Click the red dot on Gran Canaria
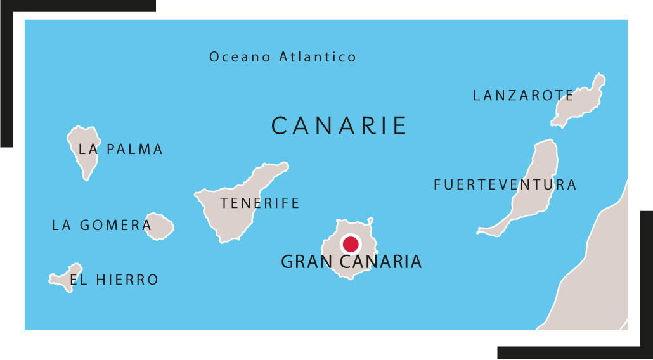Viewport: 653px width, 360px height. [x=350, y=244]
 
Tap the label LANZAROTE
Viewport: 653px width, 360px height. [x=523, y=96]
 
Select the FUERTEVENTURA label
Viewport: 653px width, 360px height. [x=505, y=185]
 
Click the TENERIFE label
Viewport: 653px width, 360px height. [x=259, y=203]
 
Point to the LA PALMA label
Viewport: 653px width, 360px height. [x=120, y=150]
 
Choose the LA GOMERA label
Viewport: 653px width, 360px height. [x=101, y=225]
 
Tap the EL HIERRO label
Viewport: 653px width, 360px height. [x=114, y=280]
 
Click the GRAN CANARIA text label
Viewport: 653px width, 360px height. [x=351, y=262]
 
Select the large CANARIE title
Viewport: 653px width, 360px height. [x=339, y=126]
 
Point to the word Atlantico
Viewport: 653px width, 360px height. [x=318, y=57]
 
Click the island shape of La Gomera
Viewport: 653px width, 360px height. [x=160, y=226]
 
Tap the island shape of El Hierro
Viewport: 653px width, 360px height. [x=63, y=276]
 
